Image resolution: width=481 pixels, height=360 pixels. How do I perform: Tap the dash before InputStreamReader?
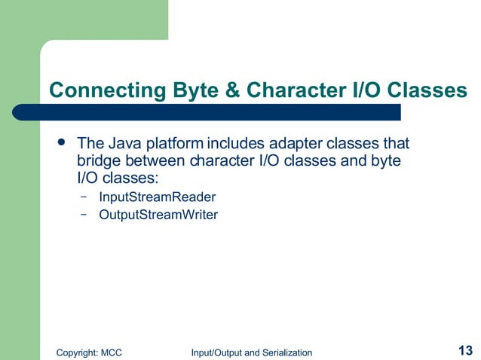click(82, 197)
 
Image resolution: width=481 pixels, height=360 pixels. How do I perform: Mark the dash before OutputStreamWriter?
click(82, 215)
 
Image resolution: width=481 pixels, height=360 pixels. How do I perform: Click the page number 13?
click(464, 350)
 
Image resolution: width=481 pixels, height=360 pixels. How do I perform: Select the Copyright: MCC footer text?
click(90, 352)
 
